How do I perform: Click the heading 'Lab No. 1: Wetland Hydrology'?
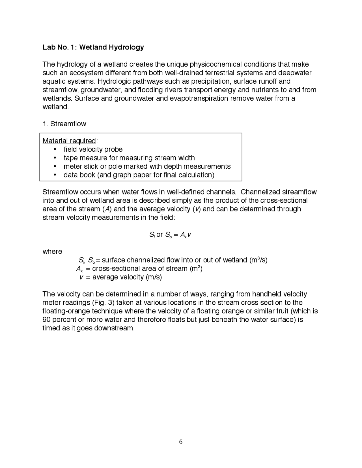pyautogui.click(x=93, y=47)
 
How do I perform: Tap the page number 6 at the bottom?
pyautogui.click(x=181, y=442)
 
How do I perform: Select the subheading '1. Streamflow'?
pyautogui.click(x=64, y=124)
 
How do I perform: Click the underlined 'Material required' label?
pyautogui.click(x=69, y=141)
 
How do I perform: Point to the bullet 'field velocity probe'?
pyautogui.click(x=93, y=149)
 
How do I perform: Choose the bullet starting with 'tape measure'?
pyautogui.click(x=129, y=158)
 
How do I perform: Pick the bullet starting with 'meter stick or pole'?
pyautogui.click(x=147, y=166)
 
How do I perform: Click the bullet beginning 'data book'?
pyautogui.click(x=139, y=175)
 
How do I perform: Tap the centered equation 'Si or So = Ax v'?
pyautogui.click(x=170, y=235)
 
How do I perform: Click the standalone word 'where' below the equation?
pyautogui.click(x=52, y=252)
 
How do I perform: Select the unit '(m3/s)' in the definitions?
pyautogui.click(x=258, y=260)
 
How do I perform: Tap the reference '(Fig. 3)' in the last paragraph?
pyautogui.click(x=103, y=302)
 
